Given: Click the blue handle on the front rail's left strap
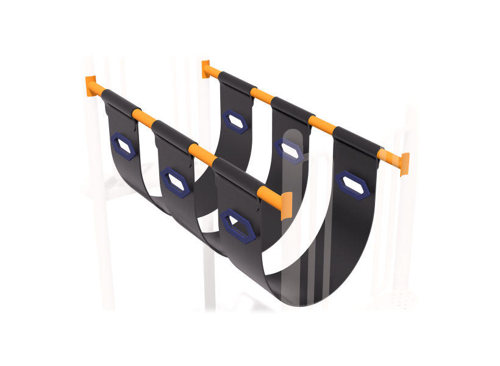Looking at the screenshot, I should point(124,145).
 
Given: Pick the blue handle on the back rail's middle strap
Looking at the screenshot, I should point(289,149).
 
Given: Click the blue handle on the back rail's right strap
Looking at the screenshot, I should point(352,185).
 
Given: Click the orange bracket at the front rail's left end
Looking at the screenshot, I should point(92,86).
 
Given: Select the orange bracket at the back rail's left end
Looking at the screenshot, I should point(206,68).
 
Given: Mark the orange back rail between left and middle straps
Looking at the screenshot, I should point(262,96).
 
